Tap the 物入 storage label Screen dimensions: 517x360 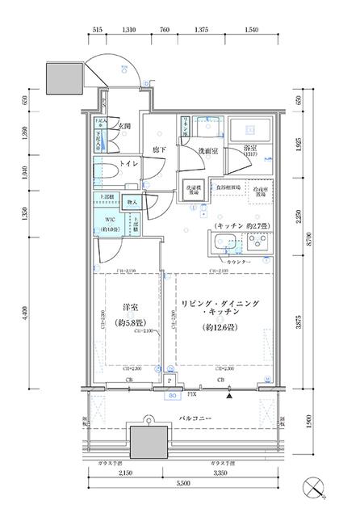[x=133, y=202]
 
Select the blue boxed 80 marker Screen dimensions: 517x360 [x=171, y=396]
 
